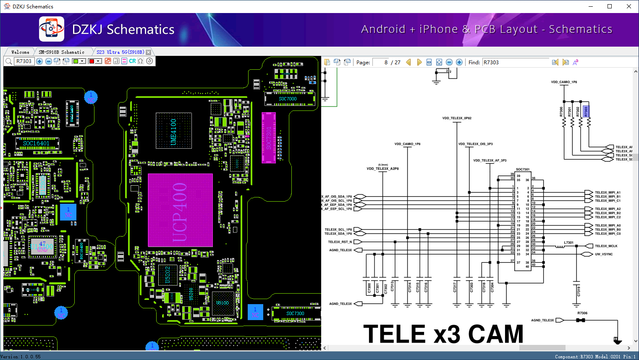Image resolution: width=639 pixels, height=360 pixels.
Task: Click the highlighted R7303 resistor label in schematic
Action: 586,111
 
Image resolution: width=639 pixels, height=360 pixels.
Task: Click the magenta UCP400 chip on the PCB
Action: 180,210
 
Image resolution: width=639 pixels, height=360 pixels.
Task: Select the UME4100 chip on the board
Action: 173,131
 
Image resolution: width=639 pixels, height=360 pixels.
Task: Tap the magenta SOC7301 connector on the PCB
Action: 269,137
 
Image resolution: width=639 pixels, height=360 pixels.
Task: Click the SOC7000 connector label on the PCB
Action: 288,99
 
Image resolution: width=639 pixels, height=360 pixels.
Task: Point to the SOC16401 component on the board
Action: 36,143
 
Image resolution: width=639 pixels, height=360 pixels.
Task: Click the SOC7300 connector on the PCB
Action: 295,313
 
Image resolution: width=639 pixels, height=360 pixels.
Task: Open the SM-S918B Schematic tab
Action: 61,52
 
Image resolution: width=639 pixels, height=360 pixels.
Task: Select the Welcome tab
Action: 20,52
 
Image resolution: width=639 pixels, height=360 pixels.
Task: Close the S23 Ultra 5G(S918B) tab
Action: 148,52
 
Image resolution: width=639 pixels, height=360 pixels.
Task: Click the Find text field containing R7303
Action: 515,62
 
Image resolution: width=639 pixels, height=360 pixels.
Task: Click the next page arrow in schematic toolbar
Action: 419,62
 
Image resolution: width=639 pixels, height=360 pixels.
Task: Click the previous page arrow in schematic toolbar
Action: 409,62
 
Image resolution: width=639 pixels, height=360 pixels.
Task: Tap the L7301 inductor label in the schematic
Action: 568,242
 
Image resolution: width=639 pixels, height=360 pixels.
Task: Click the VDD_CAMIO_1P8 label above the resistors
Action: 564,82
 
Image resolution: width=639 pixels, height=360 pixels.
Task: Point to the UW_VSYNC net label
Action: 604,254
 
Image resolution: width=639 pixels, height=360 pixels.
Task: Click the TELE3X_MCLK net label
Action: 606,246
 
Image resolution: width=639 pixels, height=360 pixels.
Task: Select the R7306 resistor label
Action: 582,313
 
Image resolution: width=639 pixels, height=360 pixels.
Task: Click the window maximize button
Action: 610,6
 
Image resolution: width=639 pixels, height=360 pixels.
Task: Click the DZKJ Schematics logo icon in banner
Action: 52,29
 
